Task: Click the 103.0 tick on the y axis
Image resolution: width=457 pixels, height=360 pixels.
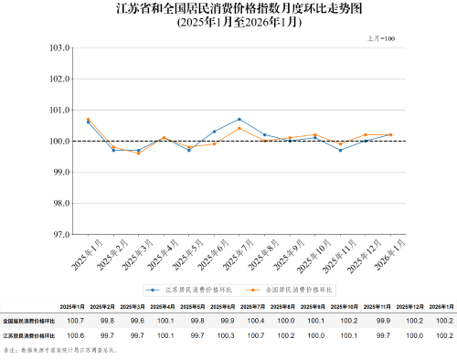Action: (x=59, y=48)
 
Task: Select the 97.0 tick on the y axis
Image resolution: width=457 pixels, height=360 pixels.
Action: (x=59, y=234)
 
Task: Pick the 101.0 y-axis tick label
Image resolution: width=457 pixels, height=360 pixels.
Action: (x=59, y=110)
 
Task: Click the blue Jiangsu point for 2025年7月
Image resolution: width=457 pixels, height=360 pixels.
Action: (x=239, y=119)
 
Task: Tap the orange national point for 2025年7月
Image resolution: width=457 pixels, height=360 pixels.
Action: (x=239, y=128)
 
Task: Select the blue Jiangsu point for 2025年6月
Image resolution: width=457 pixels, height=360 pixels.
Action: (x=214, y=132)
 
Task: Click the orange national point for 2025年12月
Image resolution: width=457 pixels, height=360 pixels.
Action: (x=366, y=134)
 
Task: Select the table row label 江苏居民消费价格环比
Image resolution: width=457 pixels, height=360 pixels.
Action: (x=29, y=335)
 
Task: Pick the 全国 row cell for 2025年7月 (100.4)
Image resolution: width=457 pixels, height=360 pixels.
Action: (x=257, y=321)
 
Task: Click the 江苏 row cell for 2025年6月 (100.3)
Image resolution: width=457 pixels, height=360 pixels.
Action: (x=226, y=335)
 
